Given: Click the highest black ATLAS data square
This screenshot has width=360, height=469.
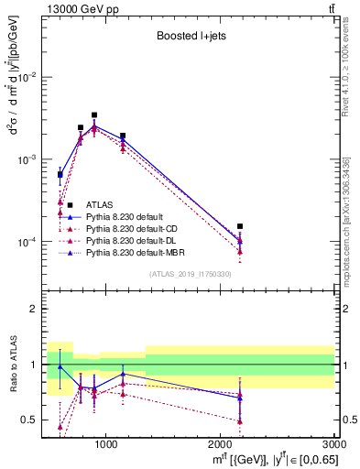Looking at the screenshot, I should (94, 115).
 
